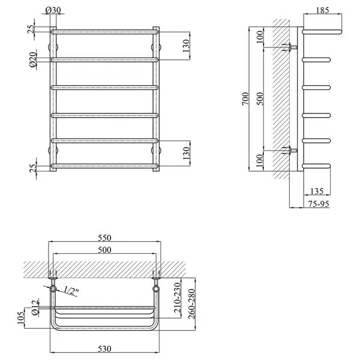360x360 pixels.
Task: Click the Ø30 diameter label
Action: point(53,10)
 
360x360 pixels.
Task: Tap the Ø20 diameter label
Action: point(33,59)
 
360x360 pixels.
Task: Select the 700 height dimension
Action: point(245,99)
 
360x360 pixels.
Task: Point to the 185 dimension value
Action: point(322,10)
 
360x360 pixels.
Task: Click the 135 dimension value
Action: point(317,191)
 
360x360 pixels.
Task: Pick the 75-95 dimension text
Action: point(319,204)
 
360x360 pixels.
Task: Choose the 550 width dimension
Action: point(104,238)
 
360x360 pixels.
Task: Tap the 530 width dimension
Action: point(104,349)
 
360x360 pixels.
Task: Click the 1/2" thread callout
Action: point(71,290)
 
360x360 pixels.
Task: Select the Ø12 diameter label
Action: point(35,308)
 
